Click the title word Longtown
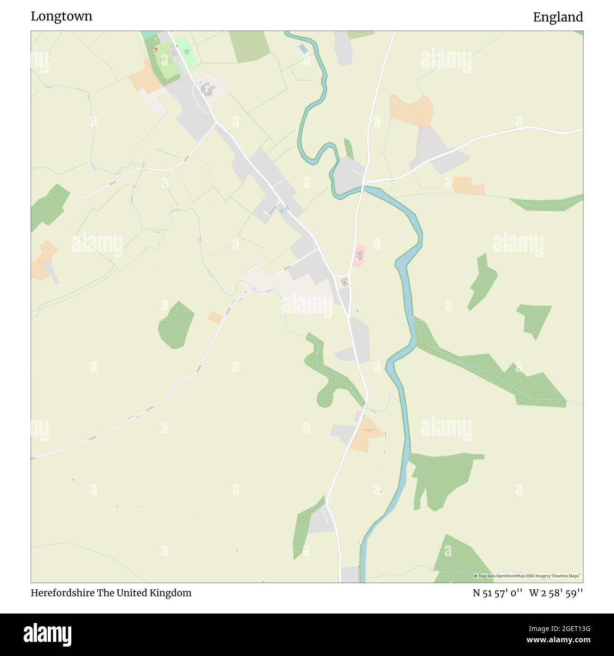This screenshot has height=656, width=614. (61, 16)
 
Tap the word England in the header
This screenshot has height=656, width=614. (558, 17)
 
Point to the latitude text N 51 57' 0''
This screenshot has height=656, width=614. (497, 593)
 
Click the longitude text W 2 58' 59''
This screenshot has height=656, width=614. (556, 593)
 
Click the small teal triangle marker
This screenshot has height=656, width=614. (357, 310)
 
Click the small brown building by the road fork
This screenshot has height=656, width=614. (345, 282)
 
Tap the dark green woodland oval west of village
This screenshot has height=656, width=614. (176, 325)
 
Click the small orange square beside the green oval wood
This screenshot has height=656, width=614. (215, 318)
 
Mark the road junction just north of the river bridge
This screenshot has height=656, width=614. (363, 181)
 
